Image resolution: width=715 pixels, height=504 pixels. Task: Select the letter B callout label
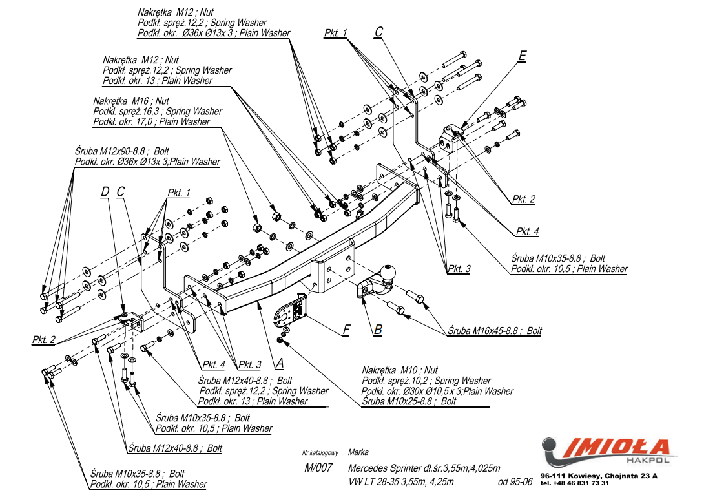click(378, 330)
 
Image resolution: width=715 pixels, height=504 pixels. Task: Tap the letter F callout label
click(346, 330)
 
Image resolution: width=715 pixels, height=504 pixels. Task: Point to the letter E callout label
click(522, 56)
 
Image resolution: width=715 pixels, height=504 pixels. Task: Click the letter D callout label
click(105, 191)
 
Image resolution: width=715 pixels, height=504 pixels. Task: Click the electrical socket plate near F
click(293, 312)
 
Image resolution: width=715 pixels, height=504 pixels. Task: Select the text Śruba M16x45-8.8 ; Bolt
click(495, 331)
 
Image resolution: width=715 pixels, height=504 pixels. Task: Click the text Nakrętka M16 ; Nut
click(131, 101)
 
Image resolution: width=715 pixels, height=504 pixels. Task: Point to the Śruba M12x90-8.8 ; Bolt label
click(123, 151)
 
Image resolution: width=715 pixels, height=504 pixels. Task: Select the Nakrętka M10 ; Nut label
click(400, 370)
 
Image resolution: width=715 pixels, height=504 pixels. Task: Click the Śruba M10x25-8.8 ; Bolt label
click(409, 401)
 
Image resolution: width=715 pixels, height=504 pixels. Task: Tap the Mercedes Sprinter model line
click(424, 468)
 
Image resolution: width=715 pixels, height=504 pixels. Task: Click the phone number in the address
click(574, 483)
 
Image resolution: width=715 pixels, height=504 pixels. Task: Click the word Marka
click(358, 452)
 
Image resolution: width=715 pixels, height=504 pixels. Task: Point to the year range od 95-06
click(515, 482)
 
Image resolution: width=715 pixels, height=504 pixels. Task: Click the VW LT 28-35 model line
click(400, 482)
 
